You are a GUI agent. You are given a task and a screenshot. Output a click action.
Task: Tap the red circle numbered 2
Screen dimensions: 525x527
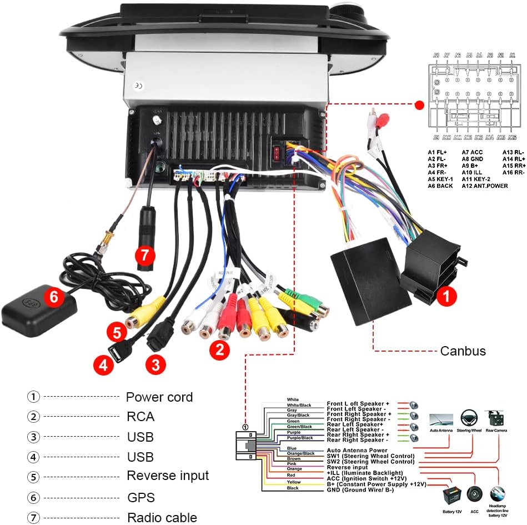(x=219, y=349)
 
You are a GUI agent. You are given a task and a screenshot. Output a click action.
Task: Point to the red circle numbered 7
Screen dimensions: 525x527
(x=145, y=256)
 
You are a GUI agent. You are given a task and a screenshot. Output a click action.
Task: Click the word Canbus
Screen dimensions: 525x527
(x=463, y=351)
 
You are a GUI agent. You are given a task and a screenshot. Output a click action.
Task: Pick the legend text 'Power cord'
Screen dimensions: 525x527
(x=159, y=397)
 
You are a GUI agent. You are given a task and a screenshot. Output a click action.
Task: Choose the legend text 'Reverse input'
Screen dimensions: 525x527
(x=168, y=476)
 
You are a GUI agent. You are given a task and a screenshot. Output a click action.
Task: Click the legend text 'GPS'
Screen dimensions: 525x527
(x=140, y=497)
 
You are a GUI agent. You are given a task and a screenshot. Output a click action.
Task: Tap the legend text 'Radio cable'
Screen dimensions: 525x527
(x=162, y=518)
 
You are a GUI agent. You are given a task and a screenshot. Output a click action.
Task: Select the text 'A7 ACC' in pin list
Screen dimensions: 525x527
(x=473, y=152)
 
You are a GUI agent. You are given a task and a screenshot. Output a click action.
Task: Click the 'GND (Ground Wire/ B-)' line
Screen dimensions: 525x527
(x=360, y=489)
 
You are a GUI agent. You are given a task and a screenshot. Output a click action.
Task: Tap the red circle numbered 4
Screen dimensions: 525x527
(x=102, y=365)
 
